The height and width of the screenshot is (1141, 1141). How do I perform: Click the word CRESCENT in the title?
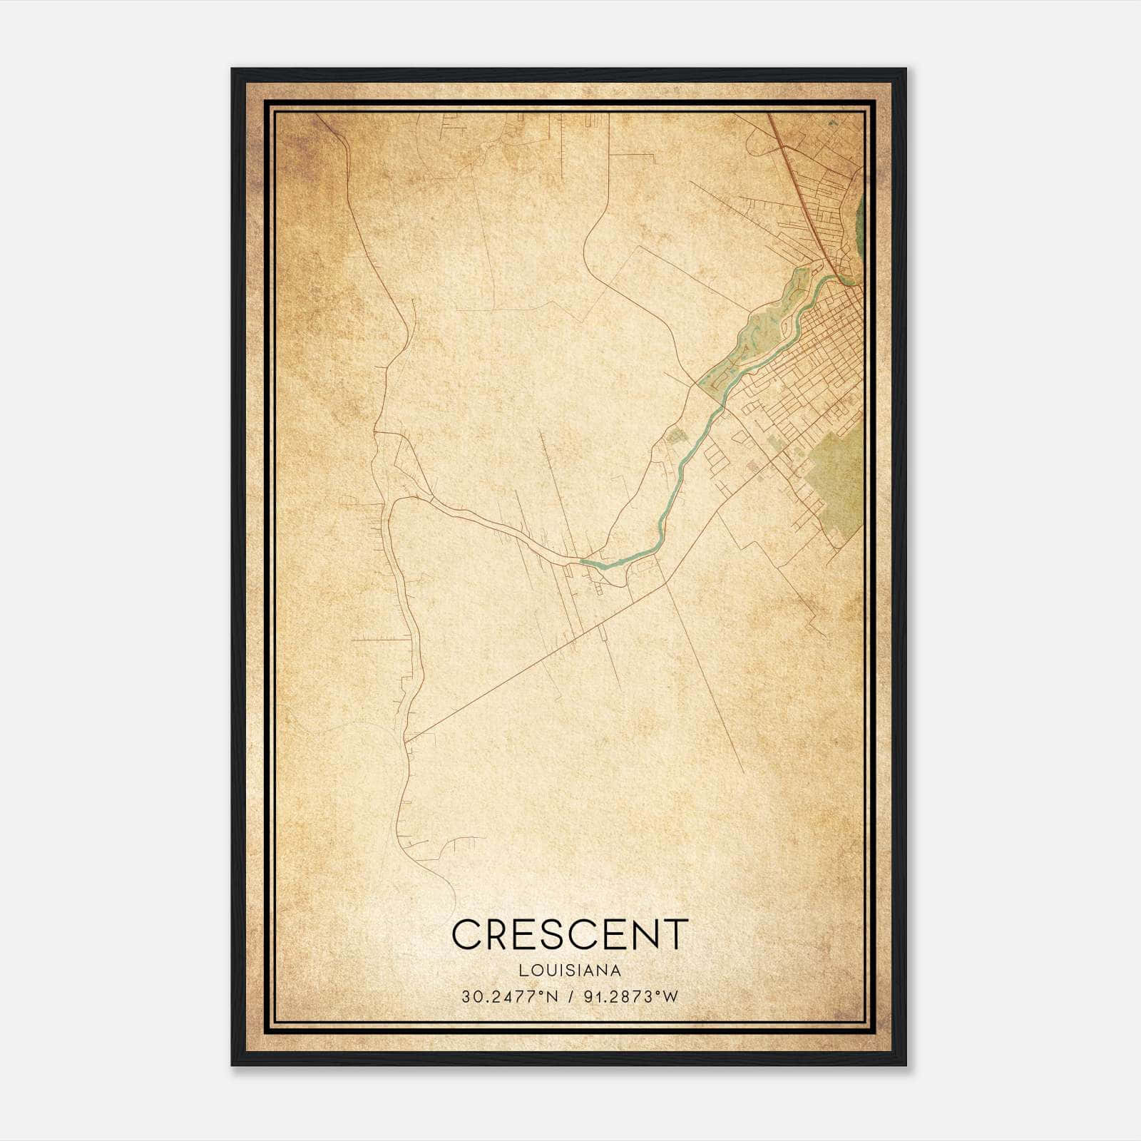570,933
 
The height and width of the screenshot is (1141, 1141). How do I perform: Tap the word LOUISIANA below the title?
570,971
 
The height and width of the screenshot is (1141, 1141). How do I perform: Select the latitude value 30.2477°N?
508,997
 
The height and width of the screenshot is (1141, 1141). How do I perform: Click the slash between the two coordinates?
570,997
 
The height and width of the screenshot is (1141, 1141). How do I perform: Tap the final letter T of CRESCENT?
677,933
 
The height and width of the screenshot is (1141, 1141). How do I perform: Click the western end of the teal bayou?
583,562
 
